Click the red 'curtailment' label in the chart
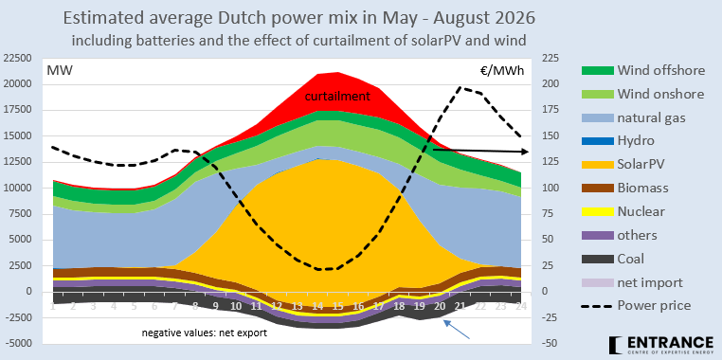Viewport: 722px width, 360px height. pos(337,97)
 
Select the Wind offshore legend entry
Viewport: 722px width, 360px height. pos(643,70)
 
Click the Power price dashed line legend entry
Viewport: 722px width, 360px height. pos(636,306)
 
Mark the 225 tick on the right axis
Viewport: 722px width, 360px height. pos(550,59)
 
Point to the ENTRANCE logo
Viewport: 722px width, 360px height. pos(661,344)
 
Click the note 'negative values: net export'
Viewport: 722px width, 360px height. pos(205,333)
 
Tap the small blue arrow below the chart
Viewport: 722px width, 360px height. pos(457,330)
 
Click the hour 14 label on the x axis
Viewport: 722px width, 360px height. pos(318,306)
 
